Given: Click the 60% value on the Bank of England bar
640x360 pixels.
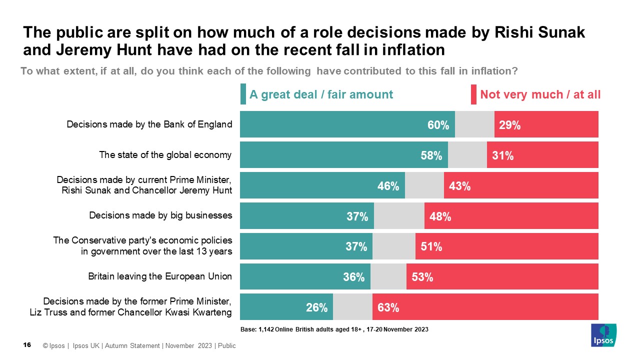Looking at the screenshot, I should coord(438,125).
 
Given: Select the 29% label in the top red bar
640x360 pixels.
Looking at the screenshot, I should coord(510,125).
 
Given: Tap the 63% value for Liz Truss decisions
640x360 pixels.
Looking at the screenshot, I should coord(388,307).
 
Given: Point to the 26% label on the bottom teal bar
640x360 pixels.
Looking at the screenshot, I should coord(316,307).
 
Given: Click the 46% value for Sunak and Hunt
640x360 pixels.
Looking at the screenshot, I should coord(388,186).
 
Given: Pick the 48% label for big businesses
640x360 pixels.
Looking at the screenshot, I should coord(440,216).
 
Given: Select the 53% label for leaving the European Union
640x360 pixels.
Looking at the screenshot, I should coord(422,277).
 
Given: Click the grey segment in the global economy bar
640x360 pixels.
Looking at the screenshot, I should coord(467,155).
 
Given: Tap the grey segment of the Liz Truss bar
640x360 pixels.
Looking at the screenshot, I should coord(352,307).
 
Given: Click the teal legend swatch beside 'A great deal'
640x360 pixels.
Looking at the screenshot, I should coord(243,94).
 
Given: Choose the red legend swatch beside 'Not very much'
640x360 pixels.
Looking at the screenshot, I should coord(473,94).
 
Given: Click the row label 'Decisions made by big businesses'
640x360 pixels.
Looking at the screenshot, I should coord(160,215).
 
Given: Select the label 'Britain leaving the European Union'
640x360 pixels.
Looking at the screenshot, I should coord(160,276).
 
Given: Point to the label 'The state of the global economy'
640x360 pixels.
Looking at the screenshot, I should coord(165,154).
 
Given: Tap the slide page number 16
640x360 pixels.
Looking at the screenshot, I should coord(28,345).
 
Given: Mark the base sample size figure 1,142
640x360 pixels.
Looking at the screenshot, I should coord(265,330).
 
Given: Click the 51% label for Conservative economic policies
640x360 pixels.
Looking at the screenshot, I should coord(431,246).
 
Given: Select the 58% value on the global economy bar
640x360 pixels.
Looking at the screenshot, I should coord(431,155).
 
